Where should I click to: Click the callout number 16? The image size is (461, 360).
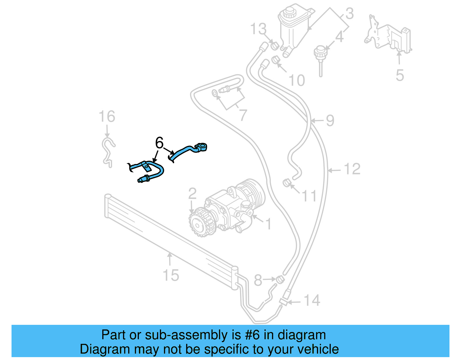click(107, 117)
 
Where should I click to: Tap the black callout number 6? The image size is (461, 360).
click(159, 143)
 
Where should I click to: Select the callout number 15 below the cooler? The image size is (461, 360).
click(171, 275)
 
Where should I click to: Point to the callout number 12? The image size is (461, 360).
click(352, 169)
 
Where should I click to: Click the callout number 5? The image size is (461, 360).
click(400, 75)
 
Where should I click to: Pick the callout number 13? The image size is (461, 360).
click(258, 29)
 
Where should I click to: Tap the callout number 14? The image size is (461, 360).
click(312, 301)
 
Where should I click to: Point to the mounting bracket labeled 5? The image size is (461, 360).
click(389, 36)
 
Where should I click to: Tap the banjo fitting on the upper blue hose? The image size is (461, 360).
click(201, 147)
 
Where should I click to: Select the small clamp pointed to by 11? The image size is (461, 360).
click(286, 183)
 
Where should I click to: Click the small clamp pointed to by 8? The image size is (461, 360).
click(280, 279)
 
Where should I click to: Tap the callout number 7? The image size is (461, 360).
click(243, 115)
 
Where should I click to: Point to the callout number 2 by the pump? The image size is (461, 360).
click(192, 194)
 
